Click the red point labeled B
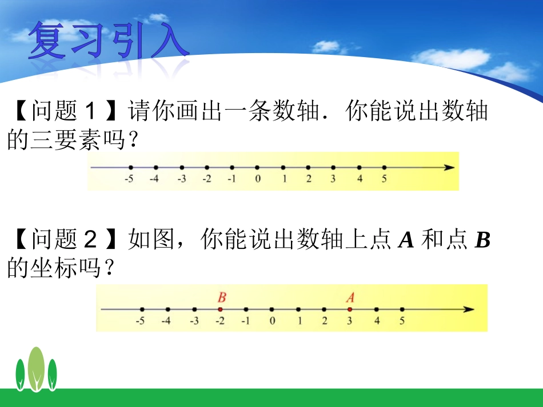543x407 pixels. [220, 309]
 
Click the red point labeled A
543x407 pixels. [350, 309]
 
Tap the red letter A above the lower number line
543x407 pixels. [350, 297]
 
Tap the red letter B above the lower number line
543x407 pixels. [222, 297]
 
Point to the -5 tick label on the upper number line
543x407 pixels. [129, 179]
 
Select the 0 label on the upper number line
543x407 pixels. [258, 179]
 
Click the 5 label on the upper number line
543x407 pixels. [384, 179]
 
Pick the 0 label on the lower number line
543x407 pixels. [272, 321]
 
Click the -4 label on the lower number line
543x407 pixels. [165, 321]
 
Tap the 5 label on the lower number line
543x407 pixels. [402, 321]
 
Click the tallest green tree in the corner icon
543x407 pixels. [36, 368]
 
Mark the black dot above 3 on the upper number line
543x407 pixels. [333, 167]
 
